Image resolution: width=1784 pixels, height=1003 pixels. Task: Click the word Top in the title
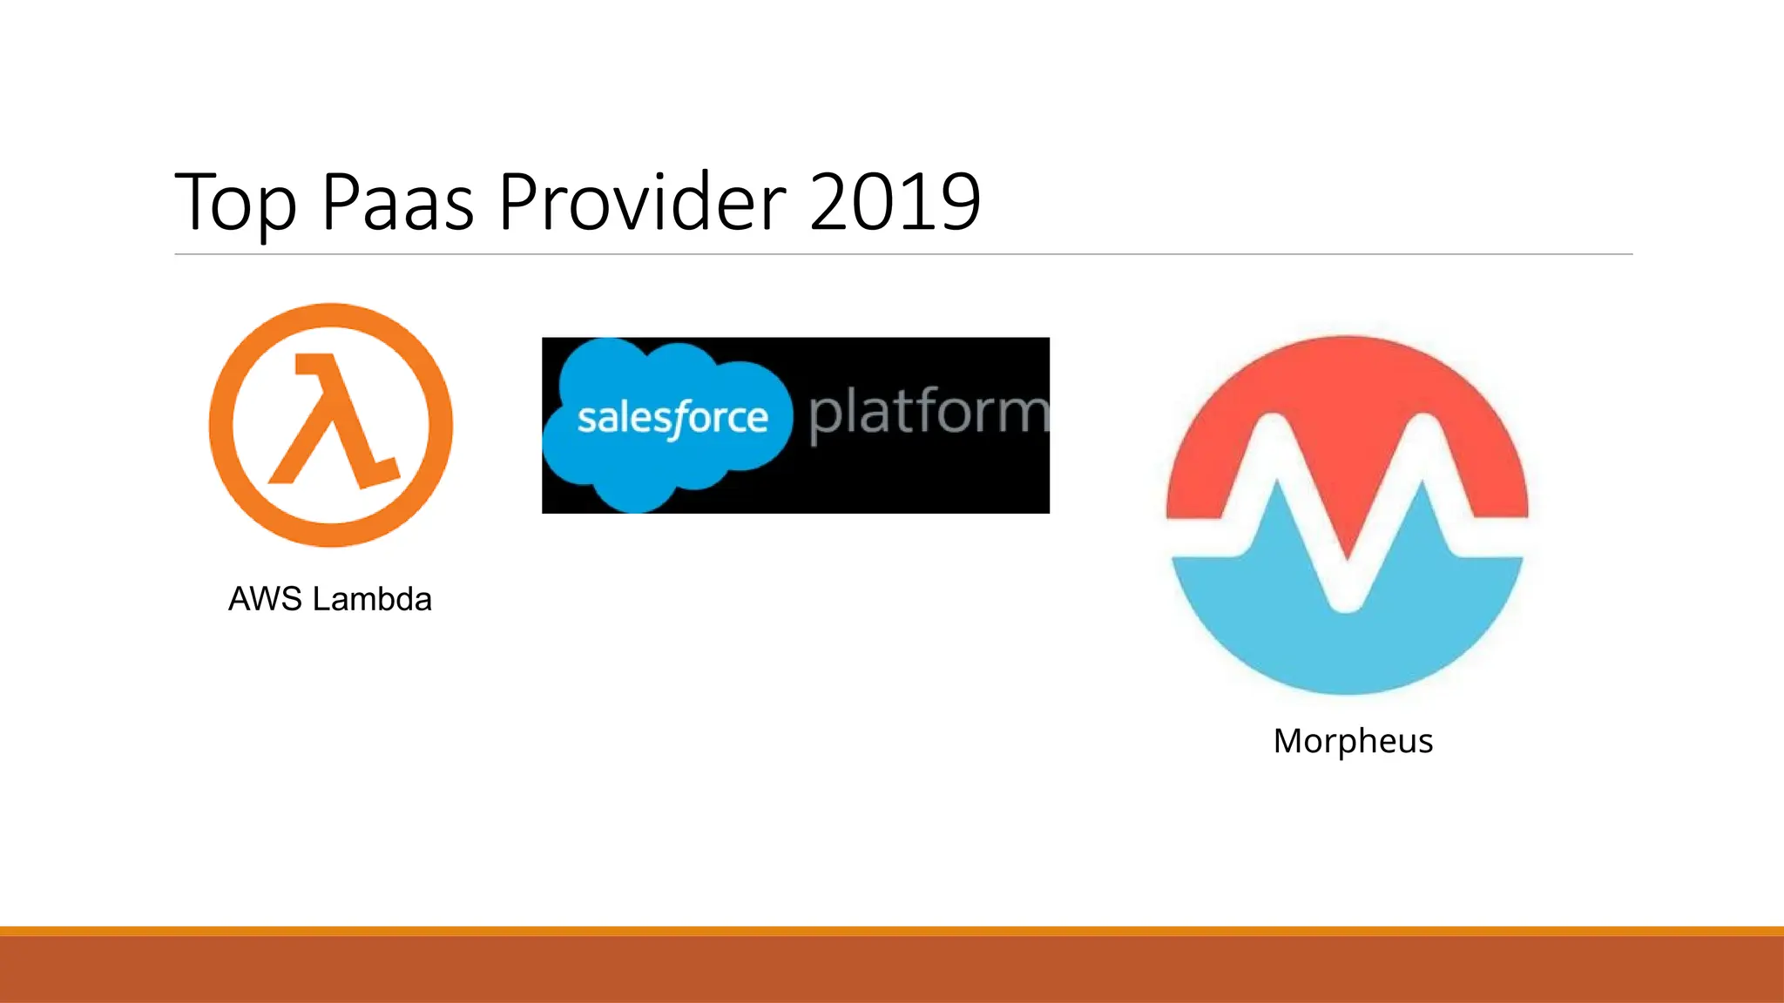[x=235, y=204]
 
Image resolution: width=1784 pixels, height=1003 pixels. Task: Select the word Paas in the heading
[x=397, y=202]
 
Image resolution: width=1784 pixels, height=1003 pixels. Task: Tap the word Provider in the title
[x=642, y=202]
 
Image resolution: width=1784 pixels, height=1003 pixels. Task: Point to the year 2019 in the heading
[x=895, y=202]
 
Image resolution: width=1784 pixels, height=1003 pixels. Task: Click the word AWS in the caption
[x=265, y=599]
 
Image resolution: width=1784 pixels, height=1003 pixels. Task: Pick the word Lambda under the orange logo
[x=372, y=599]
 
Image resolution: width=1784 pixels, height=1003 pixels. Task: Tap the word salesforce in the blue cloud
[x=672, y=419]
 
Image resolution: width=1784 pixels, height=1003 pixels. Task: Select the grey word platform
[x=929, y=413]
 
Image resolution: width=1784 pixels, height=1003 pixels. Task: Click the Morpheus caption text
[x=1353, y=741]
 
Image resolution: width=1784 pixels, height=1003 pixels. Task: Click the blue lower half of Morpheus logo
[x=1347, y=644]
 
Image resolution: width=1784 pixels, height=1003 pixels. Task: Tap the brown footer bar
[x=892, y=968]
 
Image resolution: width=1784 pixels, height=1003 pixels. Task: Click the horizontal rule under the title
[x=903, y=254]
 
